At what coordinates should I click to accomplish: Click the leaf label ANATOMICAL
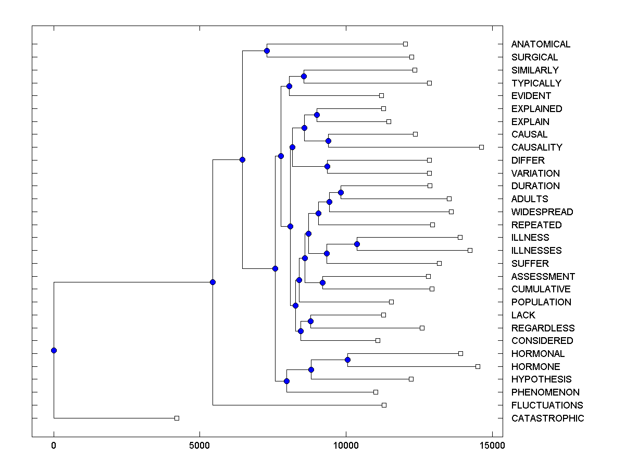541,44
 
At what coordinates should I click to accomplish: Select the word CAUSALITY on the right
536,147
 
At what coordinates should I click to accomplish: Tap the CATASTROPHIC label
547,418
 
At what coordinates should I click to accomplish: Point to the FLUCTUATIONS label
547,405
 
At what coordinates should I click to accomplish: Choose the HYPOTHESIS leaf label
541,379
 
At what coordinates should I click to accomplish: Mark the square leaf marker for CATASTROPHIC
177,418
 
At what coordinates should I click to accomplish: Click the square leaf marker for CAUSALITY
481,147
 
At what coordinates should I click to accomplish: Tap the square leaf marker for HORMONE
478,366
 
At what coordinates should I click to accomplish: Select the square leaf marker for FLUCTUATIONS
384,405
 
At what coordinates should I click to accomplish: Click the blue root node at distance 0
54,350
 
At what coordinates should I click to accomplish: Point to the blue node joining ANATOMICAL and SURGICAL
267,51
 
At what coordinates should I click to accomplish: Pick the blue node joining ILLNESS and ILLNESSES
357,244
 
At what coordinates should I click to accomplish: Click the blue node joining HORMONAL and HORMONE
347,360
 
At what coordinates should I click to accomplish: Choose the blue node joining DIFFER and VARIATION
327,166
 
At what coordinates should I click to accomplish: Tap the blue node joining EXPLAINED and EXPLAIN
317,115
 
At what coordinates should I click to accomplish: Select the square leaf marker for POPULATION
391,302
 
